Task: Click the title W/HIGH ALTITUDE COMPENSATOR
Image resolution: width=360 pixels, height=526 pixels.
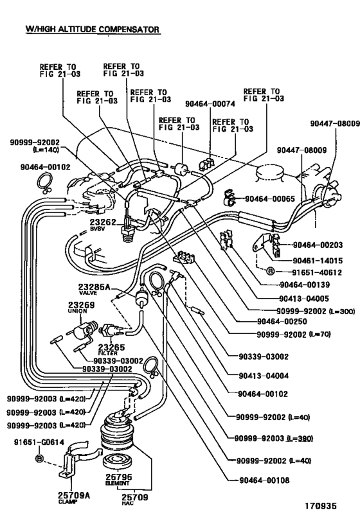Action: click(x=92, y=30)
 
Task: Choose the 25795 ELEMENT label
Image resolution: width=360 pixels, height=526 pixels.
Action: click(x=116, y=480)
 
